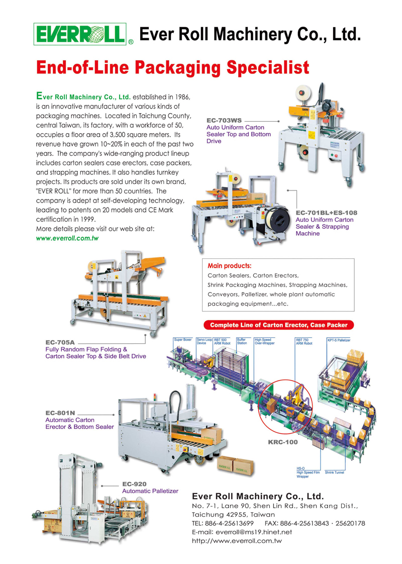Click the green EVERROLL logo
coord(79,34)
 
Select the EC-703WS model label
coord(224,121)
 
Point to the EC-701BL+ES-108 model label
coord(326,213)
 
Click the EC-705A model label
coord(60,342)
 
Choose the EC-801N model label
coord(60,413)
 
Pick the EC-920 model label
coord(134,484)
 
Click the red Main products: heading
coord(230,265)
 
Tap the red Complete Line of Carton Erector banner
coord(278,325)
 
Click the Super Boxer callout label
coord(183,340)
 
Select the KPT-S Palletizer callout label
coord(339,340)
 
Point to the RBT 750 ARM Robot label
coord(304,342)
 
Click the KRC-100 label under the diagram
coord(283,442)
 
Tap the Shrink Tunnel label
coord(334,473)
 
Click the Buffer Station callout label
coord(242,342)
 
